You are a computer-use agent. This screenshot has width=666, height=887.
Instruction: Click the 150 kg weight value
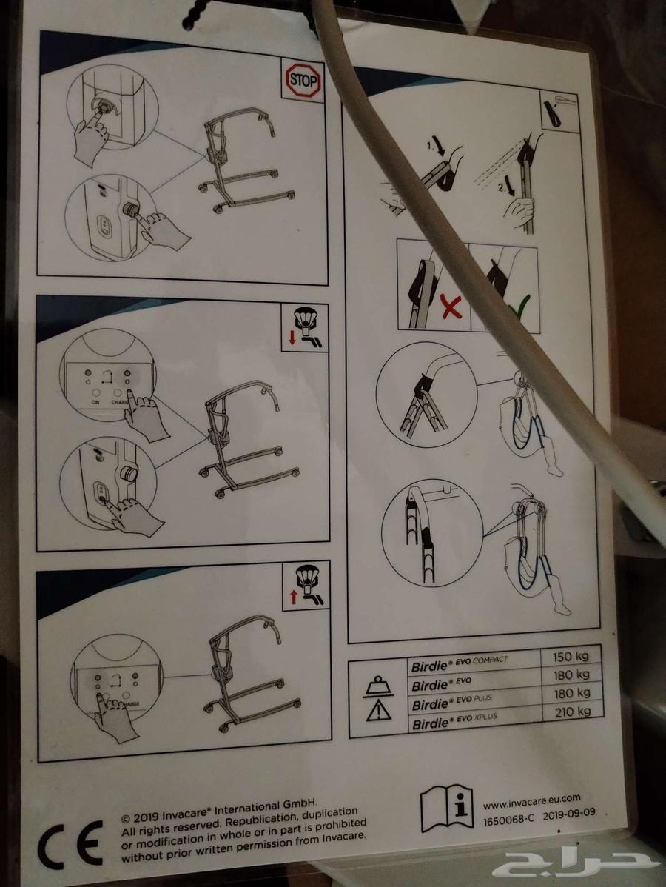(x=571, y=656)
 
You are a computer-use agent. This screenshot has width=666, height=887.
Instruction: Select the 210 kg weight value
(x=573, y=711)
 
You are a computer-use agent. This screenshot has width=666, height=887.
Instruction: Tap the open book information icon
(x=447, y=808)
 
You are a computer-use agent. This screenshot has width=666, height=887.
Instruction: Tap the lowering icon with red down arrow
(x=304, y=328)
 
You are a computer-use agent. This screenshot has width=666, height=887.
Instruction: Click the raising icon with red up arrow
(x=304, y=588)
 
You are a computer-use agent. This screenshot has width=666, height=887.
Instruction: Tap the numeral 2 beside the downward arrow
(x=502, y=189)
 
